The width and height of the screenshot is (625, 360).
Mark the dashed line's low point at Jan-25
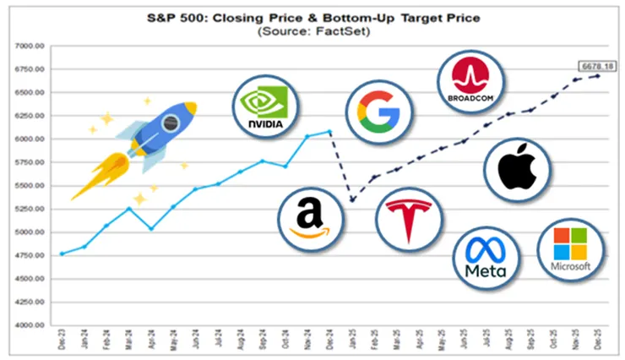coord(351,200)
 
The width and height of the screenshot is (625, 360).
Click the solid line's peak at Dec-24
coord(329,131)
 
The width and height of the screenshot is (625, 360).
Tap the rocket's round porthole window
coord(170,123)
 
